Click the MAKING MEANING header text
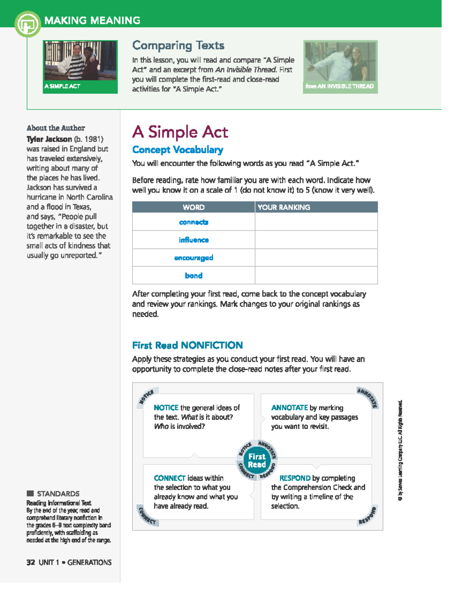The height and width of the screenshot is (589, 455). (92, 20)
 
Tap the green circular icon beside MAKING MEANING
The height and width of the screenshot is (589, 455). (27, 24)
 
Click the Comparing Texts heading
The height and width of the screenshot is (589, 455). (178, 46)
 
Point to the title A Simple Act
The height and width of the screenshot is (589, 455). (180, 132)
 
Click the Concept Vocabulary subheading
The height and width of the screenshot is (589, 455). (177, 150)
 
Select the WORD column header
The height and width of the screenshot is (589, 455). (193, 207)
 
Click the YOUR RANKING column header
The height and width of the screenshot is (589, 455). (284, 207)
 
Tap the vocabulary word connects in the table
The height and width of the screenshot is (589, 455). (193, 222)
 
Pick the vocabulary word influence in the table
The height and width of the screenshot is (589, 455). (193, 240)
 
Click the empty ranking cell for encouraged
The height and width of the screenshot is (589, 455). (316, 258)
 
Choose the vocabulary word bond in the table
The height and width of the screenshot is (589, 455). (193, 275)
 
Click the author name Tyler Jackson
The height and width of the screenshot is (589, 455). (49, 139)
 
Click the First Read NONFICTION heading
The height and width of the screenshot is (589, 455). (187, 345)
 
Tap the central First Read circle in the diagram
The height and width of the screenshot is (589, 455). (257, 460)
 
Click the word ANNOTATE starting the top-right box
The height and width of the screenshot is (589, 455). (289, 408)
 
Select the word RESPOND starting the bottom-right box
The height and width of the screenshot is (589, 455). (295, 478)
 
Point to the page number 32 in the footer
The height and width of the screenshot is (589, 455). (31, 562)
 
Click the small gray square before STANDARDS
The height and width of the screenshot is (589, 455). (30, 493)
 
